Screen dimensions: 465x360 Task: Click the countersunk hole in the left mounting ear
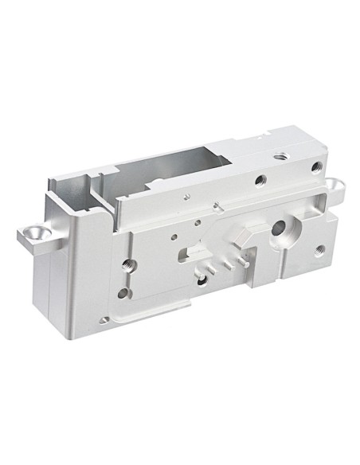(x=34, y=232)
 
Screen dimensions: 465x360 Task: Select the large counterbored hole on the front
(x=281, y=232)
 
